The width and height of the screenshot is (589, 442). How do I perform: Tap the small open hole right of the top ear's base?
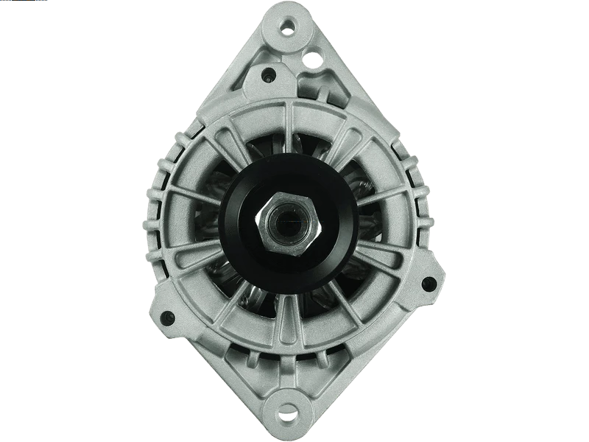[x=317, y=55]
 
